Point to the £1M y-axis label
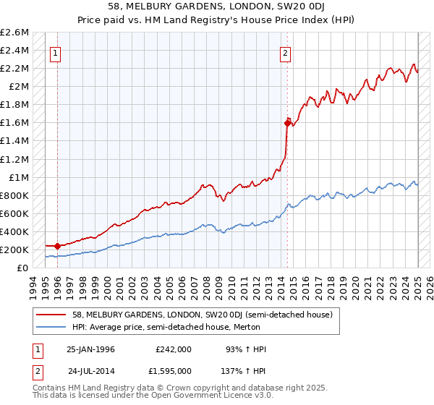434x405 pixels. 17,177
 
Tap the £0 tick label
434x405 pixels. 23,268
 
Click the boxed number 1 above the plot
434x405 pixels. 56,52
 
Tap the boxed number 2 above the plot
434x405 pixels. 286,52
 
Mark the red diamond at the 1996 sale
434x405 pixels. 58,246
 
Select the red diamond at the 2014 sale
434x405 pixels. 288,123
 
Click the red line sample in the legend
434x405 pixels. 51,315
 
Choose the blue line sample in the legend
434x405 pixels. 51,327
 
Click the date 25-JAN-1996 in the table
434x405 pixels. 90,349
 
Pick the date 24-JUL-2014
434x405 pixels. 91,371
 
